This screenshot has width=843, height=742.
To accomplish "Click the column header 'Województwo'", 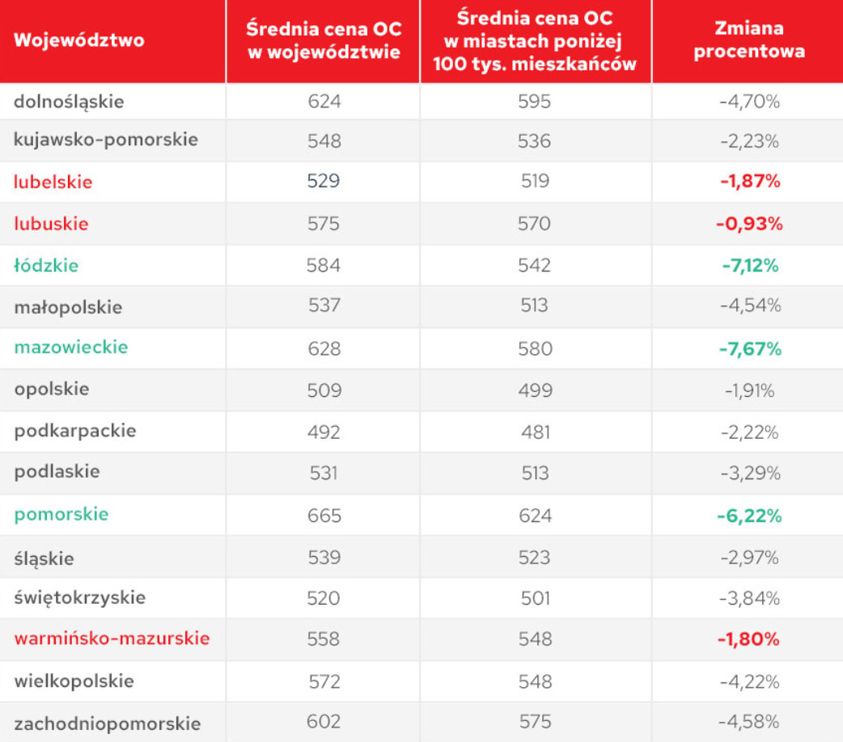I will pyautogui.click(x=79, y=40).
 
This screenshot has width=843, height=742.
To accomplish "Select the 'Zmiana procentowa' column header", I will pyautogui.click(x=748, y=40).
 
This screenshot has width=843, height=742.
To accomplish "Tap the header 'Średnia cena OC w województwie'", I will pyautogui.click(x=324, y=40).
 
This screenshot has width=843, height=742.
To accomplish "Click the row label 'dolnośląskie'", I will pyautogui.click(x=69, y=101).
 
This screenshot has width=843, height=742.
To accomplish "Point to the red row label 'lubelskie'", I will pyautogui.click(x=53, y=182).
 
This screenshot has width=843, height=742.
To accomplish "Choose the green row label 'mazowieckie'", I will pyautogui.click(x=71, y=348).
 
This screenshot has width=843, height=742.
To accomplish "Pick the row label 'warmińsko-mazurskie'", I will pyautogui.click(x=112, y=639).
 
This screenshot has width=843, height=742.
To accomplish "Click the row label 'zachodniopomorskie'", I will pyautogui.click(x=107, y=723).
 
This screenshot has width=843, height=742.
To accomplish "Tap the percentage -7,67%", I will pyautogui.click(x=750, y=349).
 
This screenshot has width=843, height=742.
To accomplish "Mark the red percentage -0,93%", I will pyautogui.click(x=749, y=224).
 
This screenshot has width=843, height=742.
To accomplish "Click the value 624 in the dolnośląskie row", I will pyautogui.click(x=324, y=102).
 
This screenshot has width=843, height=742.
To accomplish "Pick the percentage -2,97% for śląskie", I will pyautogui.click(x=749, y=558).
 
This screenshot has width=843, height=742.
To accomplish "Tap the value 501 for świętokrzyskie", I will pyautogui.click(x=535, y=599).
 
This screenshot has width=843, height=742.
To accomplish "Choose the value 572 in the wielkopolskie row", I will pyautogui.click(x=324, y=681).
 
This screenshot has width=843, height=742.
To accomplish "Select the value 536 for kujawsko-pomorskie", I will pyautogui.click(x=535, y=141).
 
